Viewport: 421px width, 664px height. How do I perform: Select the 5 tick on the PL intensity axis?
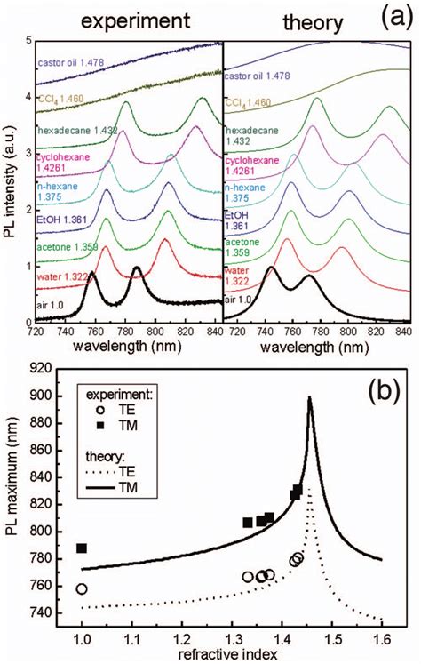[x=29, y=41]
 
